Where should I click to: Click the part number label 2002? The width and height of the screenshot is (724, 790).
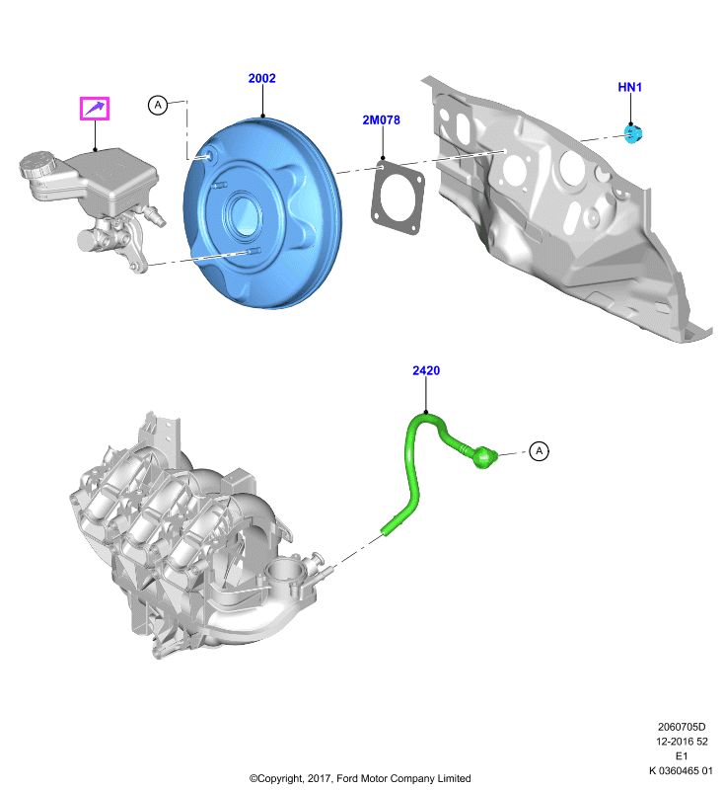[261, 78]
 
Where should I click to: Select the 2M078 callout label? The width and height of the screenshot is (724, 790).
[382, 119]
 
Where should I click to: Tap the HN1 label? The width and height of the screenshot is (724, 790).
[630, 87]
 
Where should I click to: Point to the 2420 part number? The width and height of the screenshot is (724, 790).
[426, 370]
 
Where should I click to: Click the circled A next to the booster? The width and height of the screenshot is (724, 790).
[158, 105]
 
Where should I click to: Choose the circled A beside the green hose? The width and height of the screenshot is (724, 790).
[540, 450]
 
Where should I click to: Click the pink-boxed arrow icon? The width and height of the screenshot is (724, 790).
[95, 109]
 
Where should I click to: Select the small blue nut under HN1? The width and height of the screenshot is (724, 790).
[633, 133]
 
